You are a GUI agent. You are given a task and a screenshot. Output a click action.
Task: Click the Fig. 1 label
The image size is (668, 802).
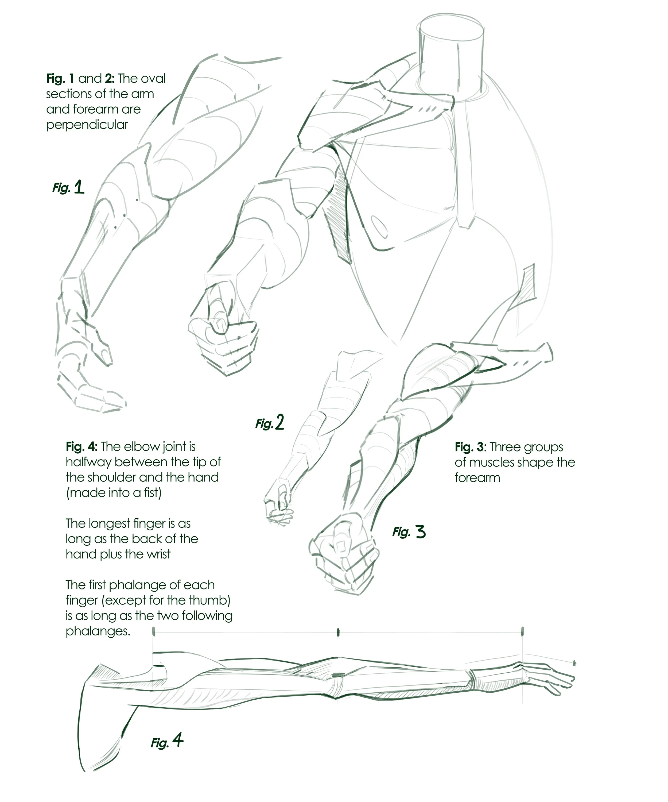pyautogui.click(x=68, y=187)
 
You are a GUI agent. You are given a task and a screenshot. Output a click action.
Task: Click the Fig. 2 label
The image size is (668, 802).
pyautogui.click(x=270, y=422)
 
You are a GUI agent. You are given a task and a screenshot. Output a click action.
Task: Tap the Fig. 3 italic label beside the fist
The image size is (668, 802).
pyautogui.click(x=409, y=532)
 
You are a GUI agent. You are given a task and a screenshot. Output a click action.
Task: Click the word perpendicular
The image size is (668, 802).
pyautogui.click(x=87, y=125)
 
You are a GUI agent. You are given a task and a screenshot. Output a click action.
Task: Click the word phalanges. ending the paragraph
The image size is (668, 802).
pyautogui.click(x=98, y=631)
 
